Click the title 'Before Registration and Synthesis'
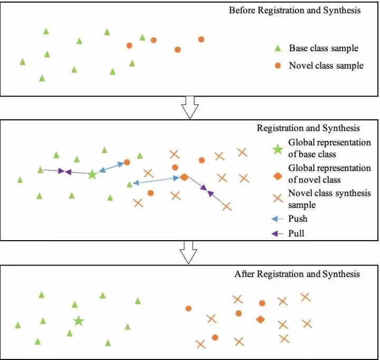[x=294, y=11]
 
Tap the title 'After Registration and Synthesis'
[x=297, y=274]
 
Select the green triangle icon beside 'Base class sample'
[x=278, y=49]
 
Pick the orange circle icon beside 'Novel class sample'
[x=278, y=66]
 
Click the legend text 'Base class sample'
[x=324, y=49]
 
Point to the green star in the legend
[x=278, y=148]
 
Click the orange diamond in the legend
[x=278, y=173]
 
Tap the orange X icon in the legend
[x=278, y=198]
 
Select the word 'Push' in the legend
[x=298, y=219]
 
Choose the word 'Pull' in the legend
[x=297, y=233]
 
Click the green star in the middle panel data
[x=92, y=174]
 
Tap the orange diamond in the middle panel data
[x=184, y=177]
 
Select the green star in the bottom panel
[x=79, y=320]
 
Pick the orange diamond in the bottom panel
[x=260, y=319]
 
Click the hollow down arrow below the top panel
[x=189, y=107]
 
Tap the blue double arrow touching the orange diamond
[x=156, y=181]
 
